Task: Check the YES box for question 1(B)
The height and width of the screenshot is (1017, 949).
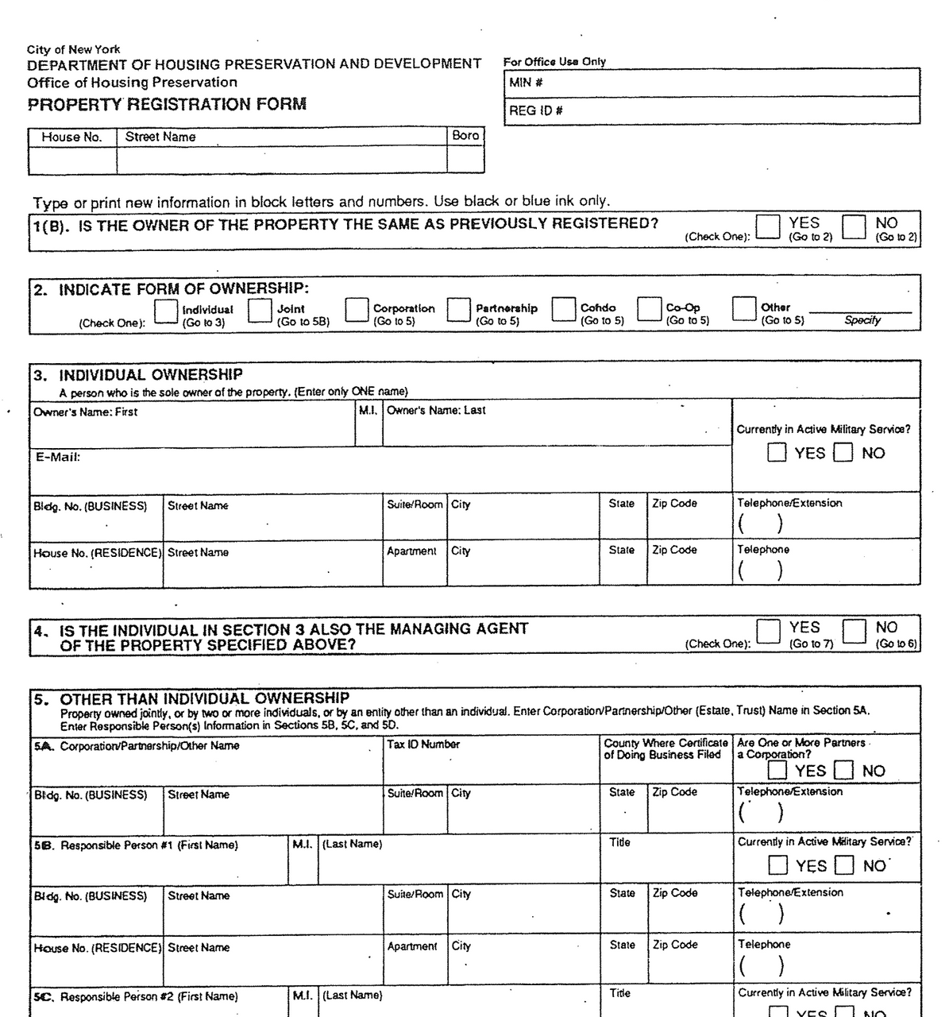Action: pyautogui.click(x=768, y=226)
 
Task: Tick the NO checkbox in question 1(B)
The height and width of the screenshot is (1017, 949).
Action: pyautogui.click(x=854, y=226)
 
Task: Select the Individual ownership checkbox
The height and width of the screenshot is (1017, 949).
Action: pyautogui.click(x=166, y=311)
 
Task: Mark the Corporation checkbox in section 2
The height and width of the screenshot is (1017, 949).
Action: pyautogui.click(x=357, y=310)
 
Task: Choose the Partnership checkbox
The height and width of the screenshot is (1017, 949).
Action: pyautogui.click(x=459, y=310)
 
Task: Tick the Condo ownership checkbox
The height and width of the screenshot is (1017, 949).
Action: pyautogui.click(x=564, y=309)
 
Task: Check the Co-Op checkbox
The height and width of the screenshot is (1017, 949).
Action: pyautogui.click(x=650, y=309)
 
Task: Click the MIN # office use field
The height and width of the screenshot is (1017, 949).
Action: pyautogui.click(x=712, y=83)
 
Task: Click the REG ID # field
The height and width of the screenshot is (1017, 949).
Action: pyautogui.click(x=712, y=110)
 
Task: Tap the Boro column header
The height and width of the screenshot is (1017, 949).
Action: pyautogui.click(x=465, y=136)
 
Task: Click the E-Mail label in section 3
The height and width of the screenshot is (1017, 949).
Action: pyautogui.click(x=57, y=457)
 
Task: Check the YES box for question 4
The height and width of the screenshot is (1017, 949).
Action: pyautogui.click(x=768, y=631)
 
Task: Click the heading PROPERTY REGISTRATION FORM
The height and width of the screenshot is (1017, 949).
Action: pyautogui.click(x=167, y=104)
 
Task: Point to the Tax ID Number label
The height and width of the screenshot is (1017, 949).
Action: pyautogui.click(x=423, y=744)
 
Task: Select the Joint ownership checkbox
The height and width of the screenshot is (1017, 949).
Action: pyautogui.click(x=260, y=311)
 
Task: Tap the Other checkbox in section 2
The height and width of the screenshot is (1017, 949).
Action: pyautogui.click(x=744, y=308)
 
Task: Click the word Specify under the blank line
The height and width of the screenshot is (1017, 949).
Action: pyautogui.click(x=862, y=320)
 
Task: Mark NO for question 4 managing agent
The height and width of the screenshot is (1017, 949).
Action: pyautogui.click(x=854, y=631)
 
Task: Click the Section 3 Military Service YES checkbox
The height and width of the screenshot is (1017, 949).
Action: pyautogui.click(x=777, y=453)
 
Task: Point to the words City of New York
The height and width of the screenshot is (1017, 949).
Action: pyautogui.click(x=74, y=49)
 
